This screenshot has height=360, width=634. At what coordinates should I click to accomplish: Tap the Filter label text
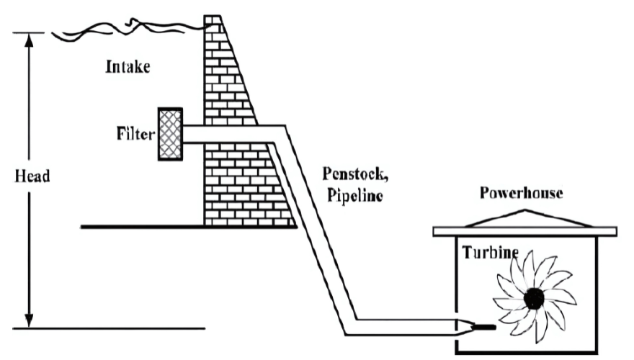coord(134,134)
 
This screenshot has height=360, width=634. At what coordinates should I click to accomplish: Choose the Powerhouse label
coord(522,193)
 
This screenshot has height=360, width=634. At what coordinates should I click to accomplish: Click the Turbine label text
coord(490,253)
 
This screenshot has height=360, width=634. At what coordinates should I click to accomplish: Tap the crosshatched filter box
coord(169,135)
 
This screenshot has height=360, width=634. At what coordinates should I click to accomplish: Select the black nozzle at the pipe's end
coord(481,328)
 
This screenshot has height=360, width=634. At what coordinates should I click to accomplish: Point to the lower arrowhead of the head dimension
coord(30,320)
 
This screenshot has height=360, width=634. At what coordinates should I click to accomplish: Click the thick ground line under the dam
coord(144,227)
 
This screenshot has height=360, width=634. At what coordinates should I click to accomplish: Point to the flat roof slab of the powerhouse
coord(524,231)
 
